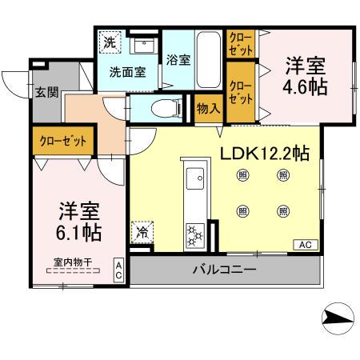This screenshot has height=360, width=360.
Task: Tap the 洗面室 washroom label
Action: click(127, 72)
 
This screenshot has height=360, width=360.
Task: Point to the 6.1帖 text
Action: click(79, 233)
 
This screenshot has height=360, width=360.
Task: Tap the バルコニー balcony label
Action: click(224, 270)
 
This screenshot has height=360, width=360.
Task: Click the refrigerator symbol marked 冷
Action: click(142, 234)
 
